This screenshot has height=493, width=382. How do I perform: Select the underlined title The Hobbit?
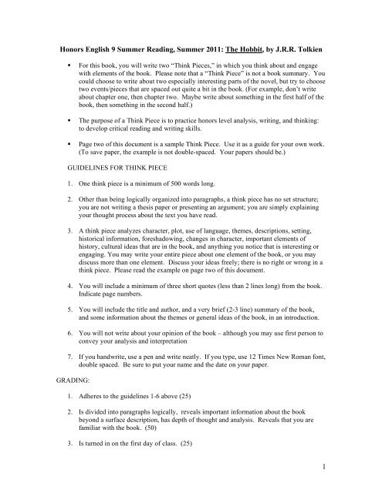pos(254,39)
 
